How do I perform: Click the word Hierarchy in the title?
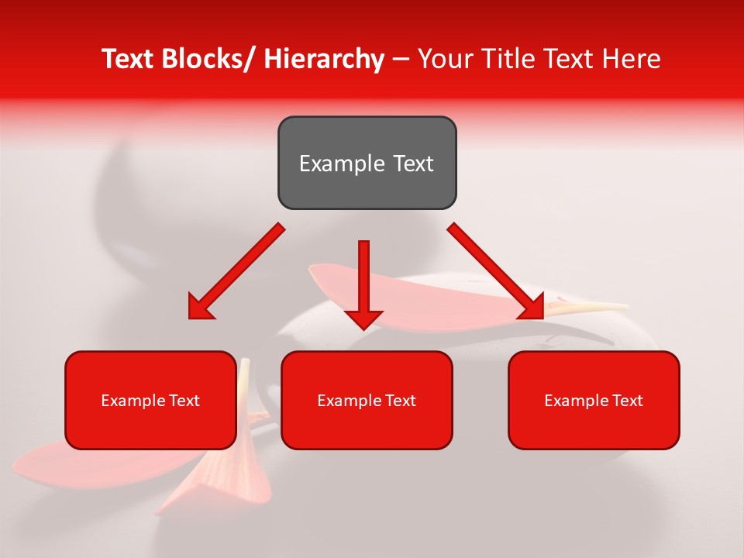324,59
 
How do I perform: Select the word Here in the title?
632,59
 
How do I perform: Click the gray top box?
367,163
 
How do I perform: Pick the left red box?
150,400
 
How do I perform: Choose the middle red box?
367,400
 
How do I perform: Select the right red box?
594,400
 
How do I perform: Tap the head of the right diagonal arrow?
533,308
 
